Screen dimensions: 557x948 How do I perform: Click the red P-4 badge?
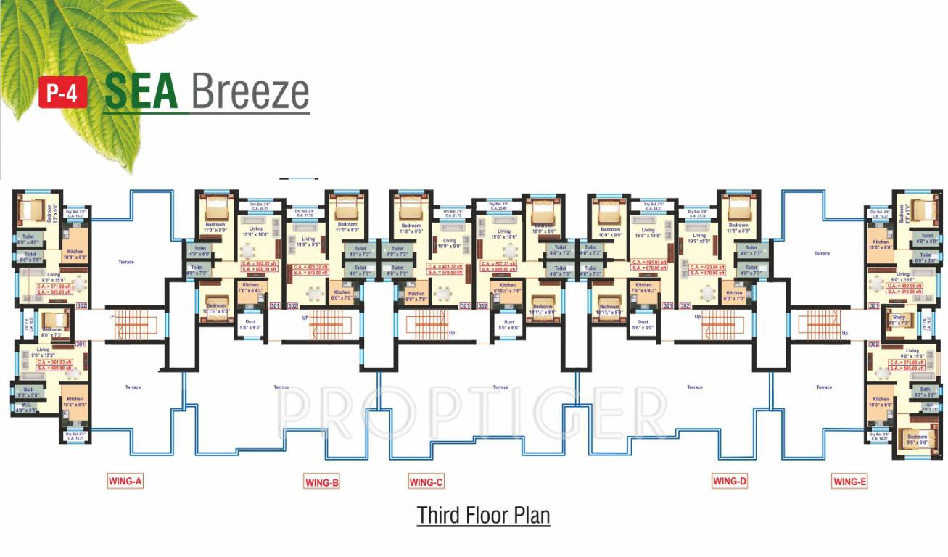(63, 94)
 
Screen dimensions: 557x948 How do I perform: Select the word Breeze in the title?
(250, 91)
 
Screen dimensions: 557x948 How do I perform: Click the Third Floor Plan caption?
(483, 516)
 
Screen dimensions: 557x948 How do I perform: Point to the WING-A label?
(125, 480)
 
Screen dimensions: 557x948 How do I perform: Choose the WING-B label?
(321, 482)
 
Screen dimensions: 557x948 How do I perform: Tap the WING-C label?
(426, 482)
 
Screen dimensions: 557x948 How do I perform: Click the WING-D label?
(729, 480)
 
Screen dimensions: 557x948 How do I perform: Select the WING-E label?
(849, 482)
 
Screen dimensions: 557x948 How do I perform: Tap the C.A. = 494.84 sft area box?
(649, 263)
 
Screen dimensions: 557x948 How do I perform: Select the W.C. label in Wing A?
(26, 408)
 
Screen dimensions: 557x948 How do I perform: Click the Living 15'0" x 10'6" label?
(504, 234)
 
